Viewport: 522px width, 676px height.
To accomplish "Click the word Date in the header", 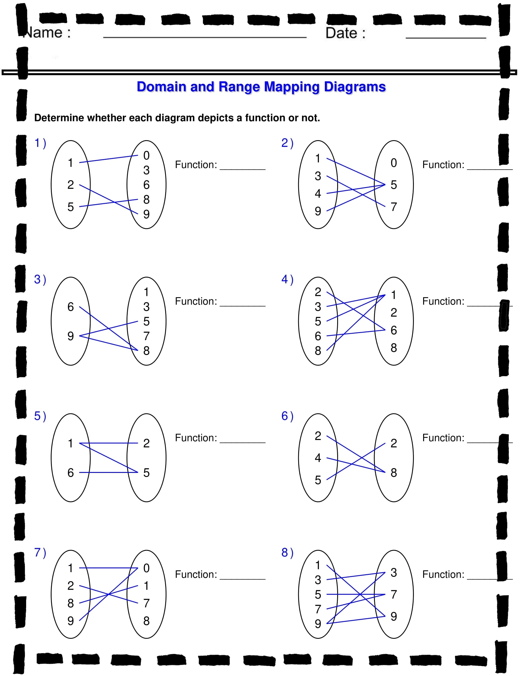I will pos(341,33).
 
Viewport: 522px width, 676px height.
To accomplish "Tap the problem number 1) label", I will pos(40,143).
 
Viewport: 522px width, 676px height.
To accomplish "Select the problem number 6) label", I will pos(287,416).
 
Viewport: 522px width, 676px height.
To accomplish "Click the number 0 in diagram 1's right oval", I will pos(146,155).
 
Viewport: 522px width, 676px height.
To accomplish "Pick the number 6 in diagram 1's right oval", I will pos(146,185).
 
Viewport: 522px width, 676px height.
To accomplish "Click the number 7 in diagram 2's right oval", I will pos(393,207).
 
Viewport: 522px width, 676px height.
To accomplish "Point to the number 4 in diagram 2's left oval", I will pos(317,194).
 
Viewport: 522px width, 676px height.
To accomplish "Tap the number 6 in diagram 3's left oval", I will pos(71,307).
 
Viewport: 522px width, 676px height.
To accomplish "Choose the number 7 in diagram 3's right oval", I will pos(146,336).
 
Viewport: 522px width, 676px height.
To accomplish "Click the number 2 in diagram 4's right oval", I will pos(393,312).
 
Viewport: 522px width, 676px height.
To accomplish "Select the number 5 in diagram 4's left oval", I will pos(317,321).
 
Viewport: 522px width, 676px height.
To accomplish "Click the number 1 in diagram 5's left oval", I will pos(71,443).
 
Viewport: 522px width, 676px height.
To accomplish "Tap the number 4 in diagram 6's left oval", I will pos(317,458).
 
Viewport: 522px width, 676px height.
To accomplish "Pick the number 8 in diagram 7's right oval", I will pos(146,621).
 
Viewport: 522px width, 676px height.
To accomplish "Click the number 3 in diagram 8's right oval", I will pos(393,572).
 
